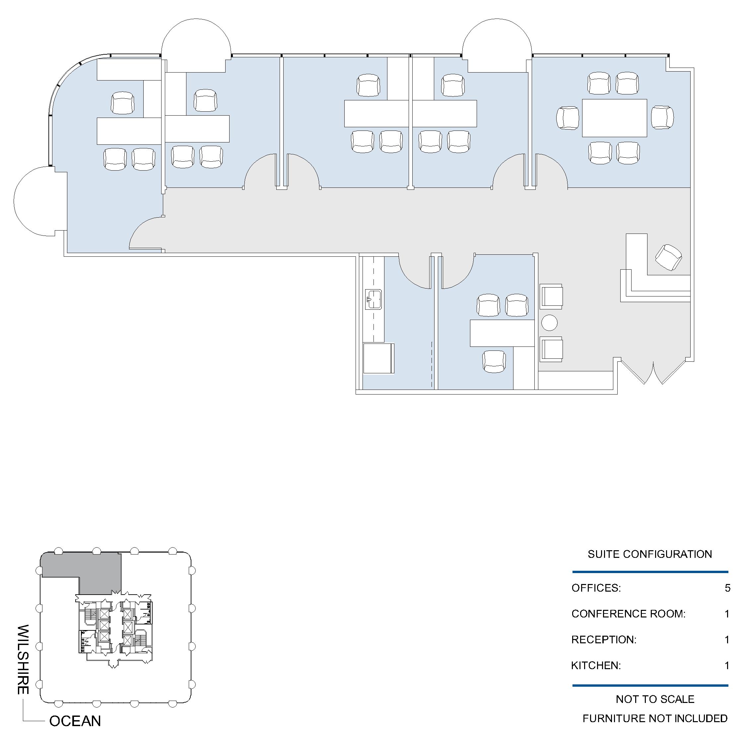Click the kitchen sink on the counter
373,299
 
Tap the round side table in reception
549,322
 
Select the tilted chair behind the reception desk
668,257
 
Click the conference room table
614,118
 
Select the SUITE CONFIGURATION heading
650,554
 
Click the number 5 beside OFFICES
727,588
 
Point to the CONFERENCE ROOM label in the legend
628,613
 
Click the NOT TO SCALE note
655,699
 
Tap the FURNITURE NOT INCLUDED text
655,718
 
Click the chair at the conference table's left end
568,118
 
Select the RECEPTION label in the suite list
603,639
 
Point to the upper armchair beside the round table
551,296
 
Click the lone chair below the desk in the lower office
494,361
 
